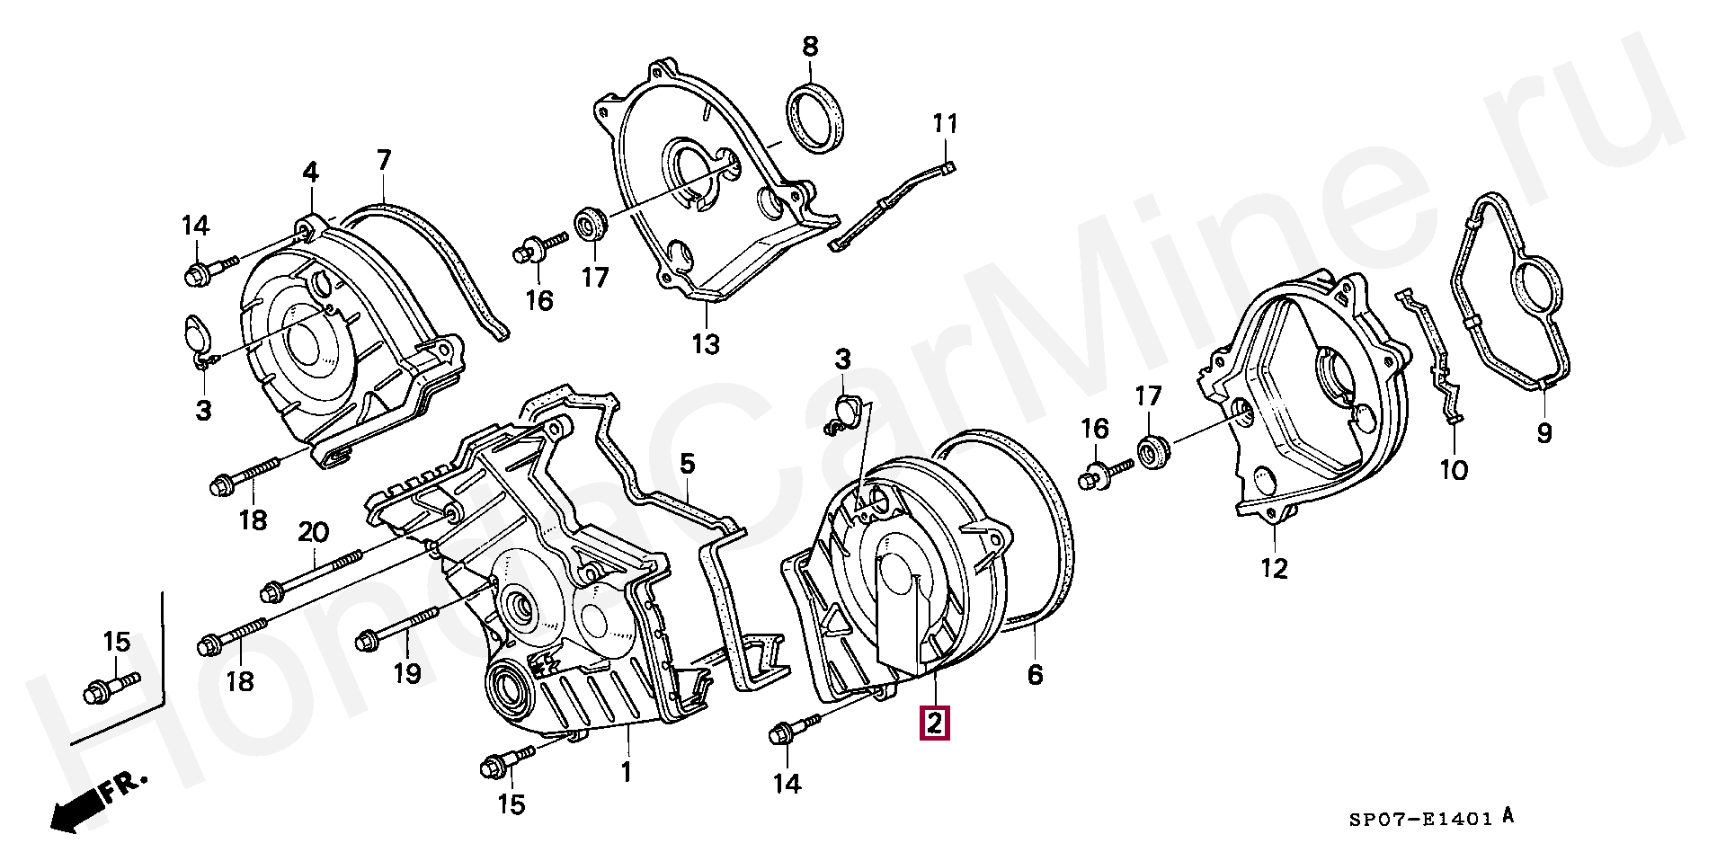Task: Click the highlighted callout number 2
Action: tap(934, 723)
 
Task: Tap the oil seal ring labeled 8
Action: tap(817, 119)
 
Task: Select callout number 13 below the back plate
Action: tap(706, 343)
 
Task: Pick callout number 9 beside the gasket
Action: tap(1544, 433)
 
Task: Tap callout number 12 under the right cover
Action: tap(1275, 568)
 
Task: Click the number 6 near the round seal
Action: tap(1036, 674)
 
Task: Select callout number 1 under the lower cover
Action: tap(627, 771)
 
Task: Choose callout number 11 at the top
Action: tap(945, 123)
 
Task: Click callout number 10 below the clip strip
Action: tap(1454, 469)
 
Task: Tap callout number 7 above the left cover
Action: tap(384, 161)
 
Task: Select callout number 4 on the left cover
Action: tap(310, 172)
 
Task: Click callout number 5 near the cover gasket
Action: tap(687, 464)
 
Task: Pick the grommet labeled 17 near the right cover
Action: tap(1154, 452)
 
